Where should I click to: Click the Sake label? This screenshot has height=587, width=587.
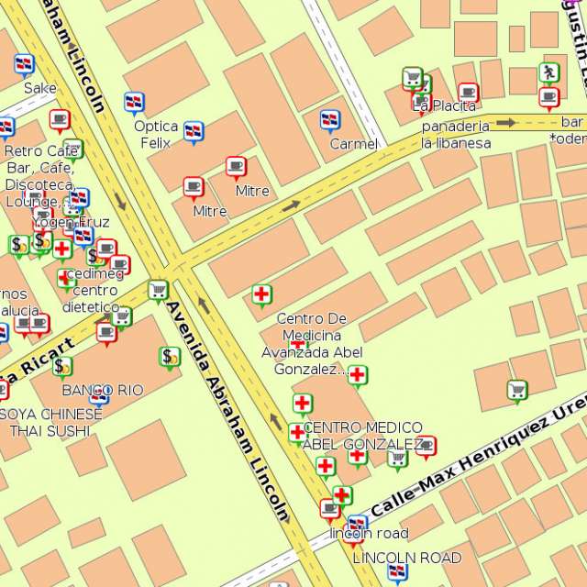coord(39,88)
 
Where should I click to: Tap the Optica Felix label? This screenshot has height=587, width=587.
coord(156,134)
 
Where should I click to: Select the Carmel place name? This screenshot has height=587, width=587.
coord(353,144)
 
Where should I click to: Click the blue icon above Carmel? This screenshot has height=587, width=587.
coord(329,119)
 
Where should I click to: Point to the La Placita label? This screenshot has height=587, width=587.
coord(444,106)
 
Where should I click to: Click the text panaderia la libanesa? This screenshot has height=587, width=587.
coord(455,134)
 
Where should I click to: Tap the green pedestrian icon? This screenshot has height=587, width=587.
coord(548,72)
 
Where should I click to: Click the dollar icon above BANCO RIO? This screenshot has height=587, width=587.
coord(169,356)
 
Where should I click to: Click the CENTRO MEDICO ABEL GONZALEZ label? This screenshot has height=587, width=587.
coord(362,436)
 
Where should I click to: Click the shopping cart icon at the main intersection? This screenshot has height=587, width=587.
coord(158,290)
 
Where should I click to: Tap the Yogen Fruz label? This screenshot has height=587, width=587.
coord(72,222)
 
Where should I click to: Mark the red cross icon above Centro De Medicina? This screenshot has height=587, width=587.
coord(261,293)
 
